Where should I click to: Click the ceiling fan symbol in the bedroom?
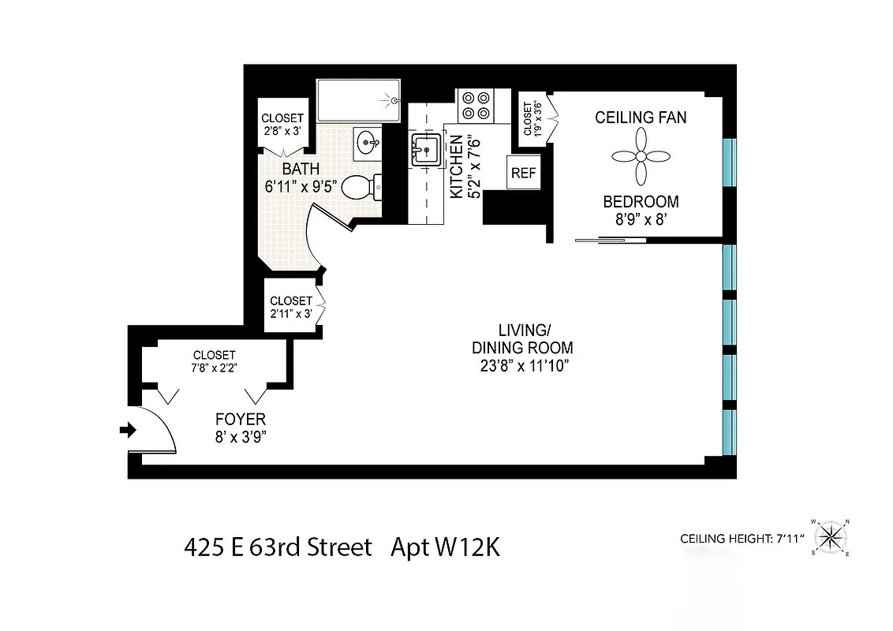tap(641, 157)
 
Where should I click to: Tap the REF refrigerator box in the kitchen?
tap(521, 173)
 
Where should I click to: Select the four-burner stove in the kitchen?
tap(474, 105)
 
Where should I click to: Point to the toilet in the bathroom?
tap(364, 188)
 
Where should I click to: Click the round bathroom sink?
tap(367, 144)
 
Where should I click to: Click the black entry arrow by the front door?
tap(126, 430)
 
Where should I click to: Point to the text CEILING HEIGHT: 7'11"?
tap(741, 540)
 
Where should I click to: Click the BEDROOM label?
tap(640, 201)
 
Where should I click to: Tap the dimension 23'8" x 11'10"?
tap(522, 365)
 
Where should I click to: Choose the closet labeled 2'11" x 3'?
tap(290, 307)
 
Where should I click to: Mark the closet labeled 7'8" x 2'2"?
tap(215, 361)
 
